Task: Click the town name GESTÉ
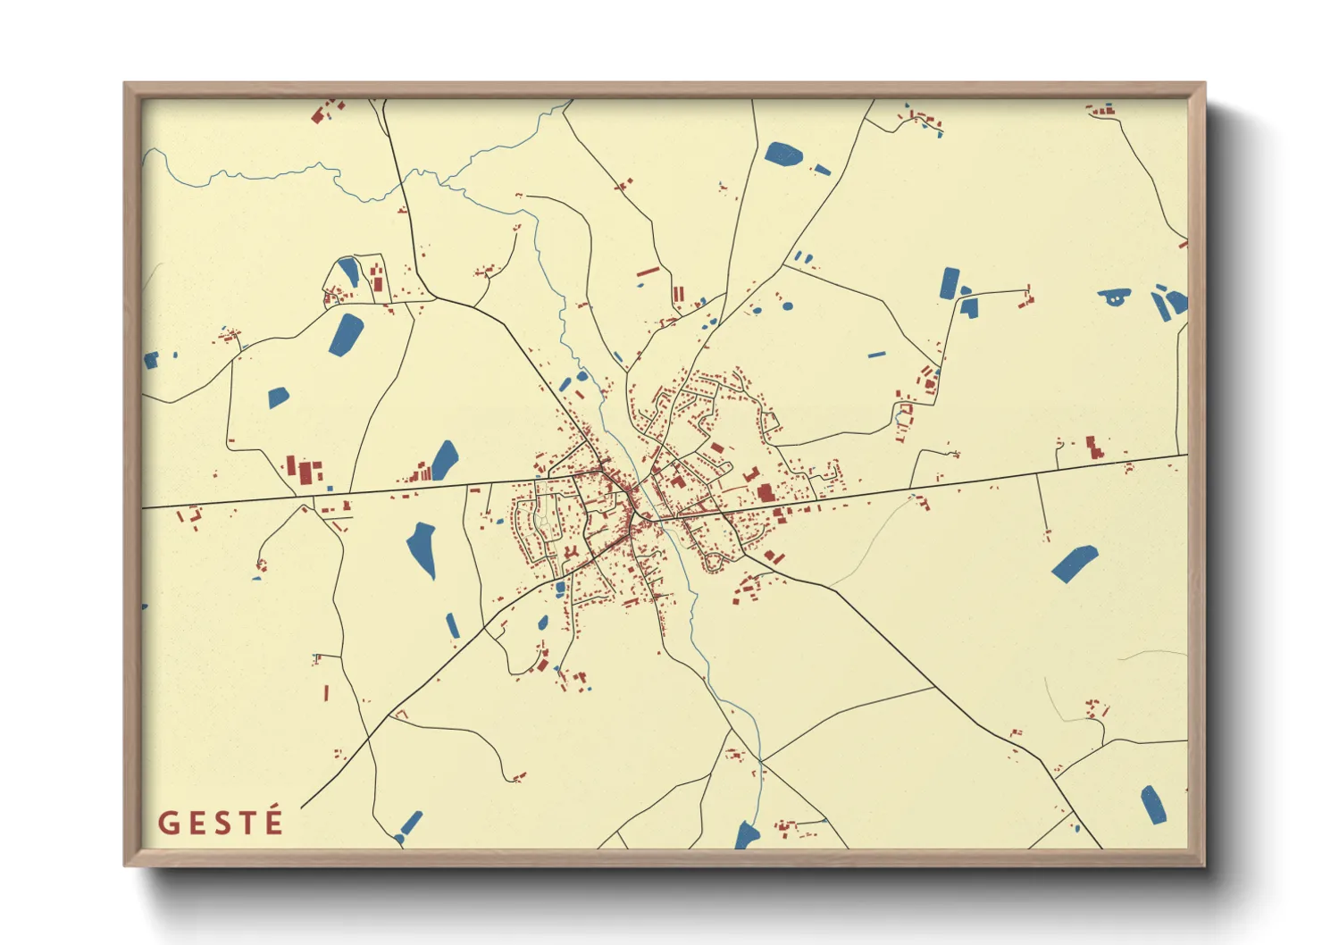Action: (221, 822)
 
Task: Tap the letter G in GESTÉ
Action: (167, 823)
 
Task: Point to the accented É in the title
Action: (273, 820)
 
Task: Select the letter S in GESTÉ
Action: (220, 823)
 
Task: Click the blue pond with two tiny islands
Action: (1113, 297)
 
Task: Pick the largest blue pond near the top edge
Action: (783, 154)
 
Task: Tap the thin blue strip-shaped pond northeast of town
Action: (876, 355)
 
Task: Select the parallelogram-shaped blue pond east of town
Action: (1074, 564)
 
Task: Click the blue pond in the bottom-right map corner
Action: (1153, 805)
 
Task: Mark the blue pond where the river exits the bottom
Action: (746, 836)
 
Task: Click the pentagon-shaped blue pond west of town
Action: (278, 397)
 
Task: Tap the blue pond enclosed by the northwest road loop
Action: (347, 272)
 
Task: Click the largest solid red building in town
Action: (766, 492)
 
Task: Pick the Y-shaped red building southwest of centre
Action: (569, 555)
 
